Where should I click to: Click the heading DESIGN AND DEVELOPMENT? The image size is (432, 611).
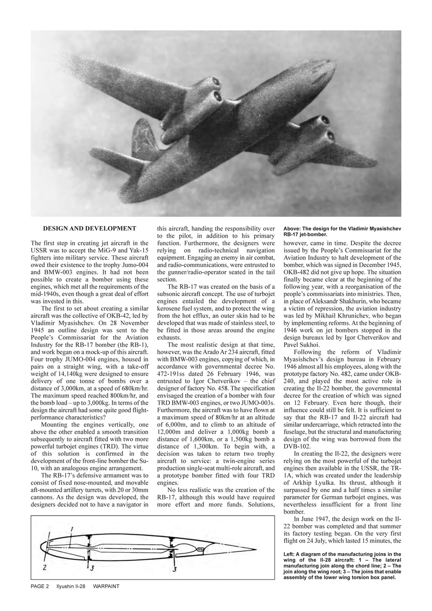90,229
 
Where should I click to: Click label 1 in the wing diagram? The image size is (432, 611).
71,529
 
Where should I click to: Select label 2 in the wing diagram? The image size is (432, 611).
44,568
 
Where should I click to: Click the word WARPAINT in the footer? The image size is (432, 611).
106,586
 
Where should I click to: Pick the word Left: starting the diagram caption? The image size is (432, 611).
290,554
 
